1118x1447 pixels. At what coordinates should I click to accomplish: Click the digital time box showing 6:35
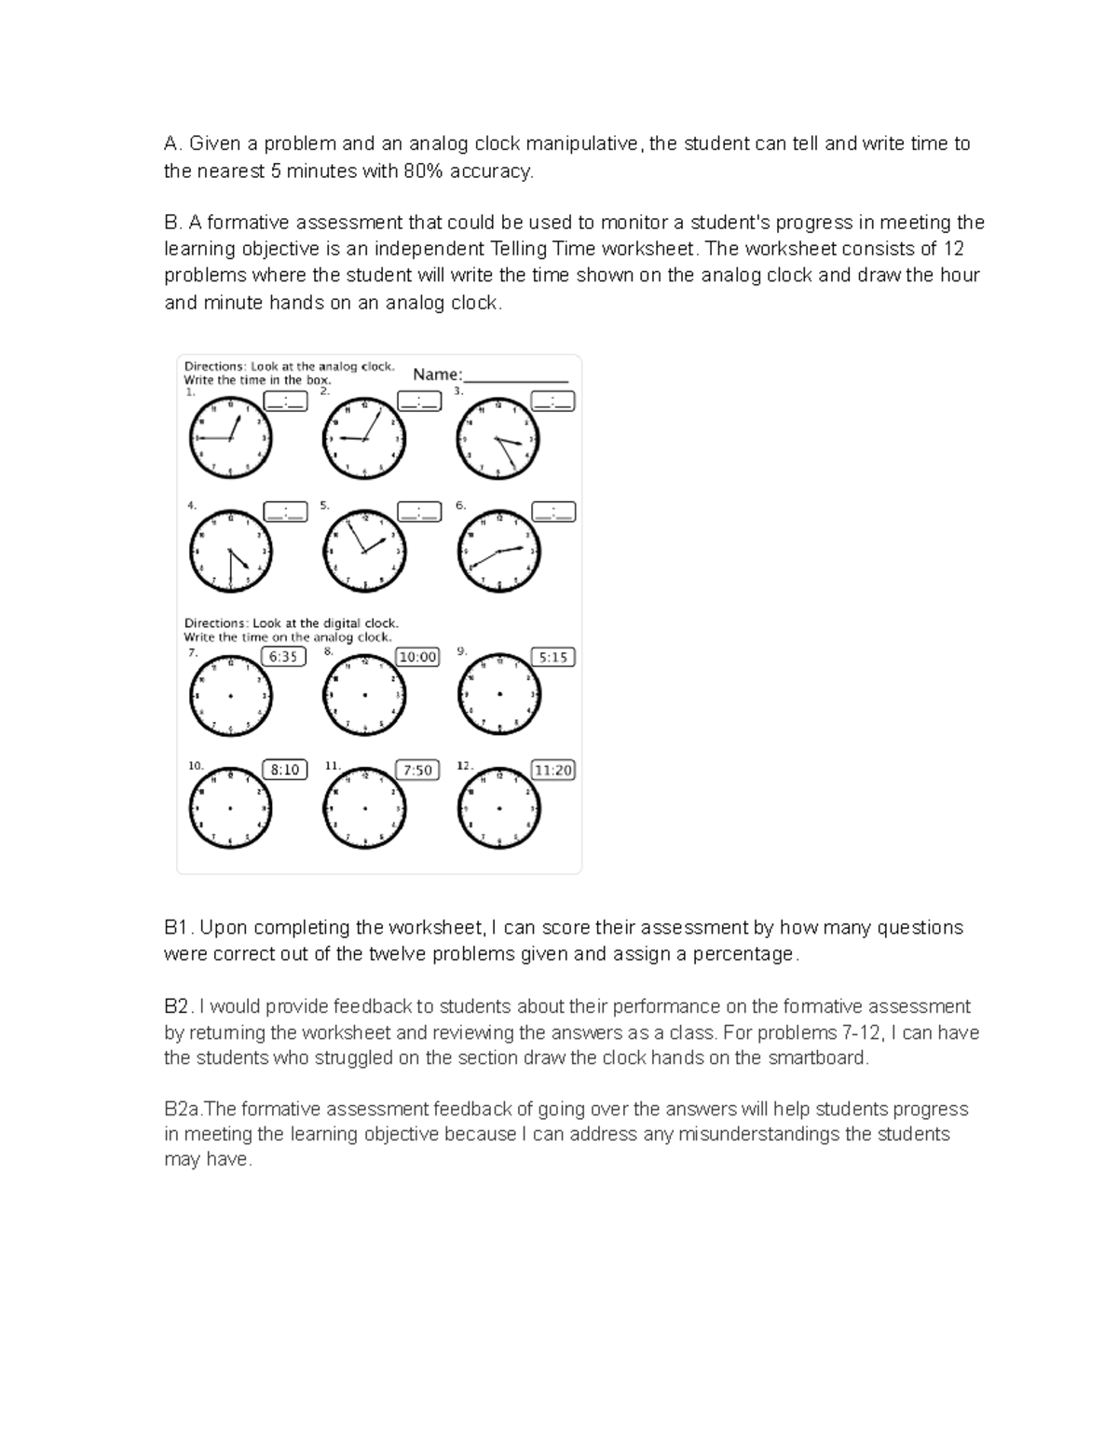[x=283, y=657]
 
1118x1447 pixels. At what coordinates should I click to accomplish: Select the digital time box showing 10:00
[x=417, y=657]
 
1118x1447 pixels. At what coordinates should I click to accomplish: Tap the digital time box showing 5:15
[x=552, y=657]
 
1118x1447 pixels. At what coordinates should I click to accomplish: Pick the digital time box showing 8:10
[x=284, y=770]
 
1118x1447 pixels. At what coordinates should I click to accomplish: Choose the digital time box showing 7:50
[x=417, y=770]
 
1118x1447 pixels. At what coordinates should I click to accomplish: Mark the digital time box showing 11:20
[x=552, y=770]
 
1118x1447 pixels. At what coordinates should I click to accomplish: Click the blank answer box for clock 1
[x=284, y=402]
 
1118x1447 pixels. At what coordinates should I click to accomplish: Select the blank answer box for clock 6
[x=553, y=512]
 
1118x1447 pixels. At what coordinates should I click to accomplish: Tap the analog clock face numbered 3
[x=498, y=439]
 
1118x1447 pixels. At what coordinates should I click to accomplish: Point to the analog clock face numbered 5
[x=365, y=551]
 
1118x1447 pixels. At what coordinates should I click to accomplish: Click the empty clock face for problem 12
[x=498, y=808]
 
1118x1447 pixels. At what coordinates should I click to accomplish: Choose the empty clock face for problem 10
[x=231, y=808]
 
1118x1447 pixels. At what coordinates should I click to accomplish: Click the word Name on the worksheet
[x=436, y=375]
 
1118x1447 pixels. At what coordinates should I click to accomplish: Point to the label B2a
[x=183, y=1109]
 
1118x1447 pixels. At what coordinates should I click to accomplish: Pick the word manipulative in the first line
[x=583, y=143]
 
